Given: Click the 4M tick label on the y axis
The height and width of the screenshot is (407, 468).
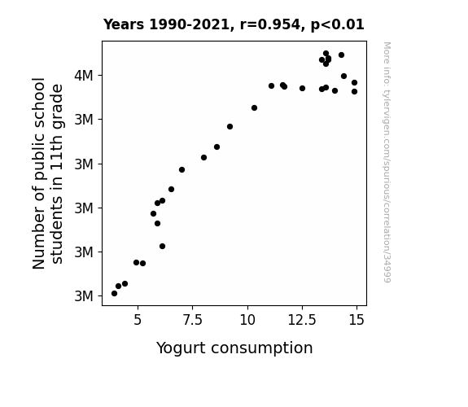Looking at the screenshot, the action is (84, 76).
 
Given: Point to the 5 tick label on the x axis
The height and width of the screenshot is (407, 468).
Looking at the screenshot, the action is (138, 320).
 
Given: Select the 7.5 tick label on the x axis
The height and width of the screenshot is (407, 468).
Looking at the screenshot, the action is (193, 320).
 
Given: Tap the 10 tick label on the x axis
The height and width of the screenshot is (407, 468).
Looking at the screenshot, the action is (247, 320).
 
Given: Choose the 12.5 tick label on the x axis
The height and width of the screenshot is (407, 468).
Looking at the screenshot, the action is (302, 320).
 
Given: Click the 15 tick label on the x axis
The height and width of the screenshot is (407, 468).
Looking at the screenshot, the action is (356, 320).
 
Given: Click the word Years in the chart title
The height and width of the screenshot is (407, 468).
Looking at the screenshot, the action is (124, 24).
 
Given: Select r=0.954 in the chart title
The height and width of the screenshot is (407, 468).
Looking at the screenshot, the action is (270, 24).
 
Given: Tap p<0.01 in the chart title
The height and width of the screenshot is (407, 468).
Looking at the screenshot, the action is (338, 25).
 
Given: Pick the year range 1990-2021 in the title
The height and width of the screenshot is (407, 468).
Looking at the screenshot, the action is (189, 24).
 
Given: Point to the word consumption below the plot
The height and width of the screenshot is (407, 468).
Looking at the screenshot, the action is (262, 348).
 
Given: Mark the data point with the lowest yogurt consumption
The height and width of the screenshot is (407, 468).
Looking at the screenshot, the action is (114, 294).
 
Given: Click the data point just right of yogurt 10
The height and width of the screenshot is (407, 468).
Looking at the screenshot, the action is (254, 107).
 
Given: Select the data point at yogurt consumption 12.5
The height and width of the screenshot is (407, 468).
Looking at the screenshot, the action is (302, 89).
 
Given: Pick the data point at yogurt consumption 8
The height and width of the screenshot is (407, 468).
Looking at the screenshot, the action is (203, 157).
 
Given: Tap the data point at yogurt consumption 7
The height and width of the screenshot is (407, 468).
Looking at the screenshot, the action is (182, 169).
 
